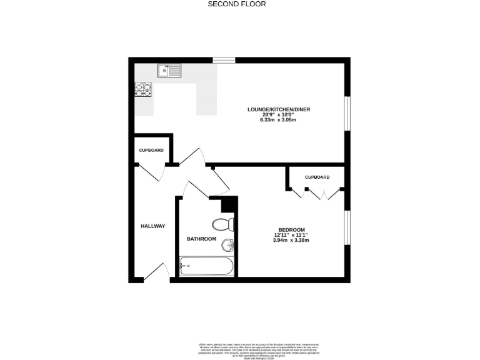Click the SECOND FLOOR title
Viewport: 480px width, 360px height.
pyautogui.click(x=237, y=4)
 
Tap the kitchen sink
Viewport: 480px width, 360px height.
pyautogui.click(x=169, y=69)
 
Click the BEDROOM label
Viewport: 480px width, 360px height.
pyautogui.click(x=291, y=229)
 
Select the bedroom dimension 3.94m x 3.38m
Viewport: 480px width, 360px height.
pyautogui.click(x=291, y=240)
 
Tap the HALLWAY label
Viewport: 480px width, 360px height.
pyautogui.click(x=152, y=226)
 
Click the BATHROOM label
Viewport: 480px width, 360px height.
pyautogui.click(x=201, y=239)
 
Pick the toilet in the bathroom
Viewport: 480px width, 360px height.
pyautogui.click(x=223, y=224)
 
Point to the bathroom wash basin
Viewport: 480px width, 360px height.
pyautogui.click(x=228, y=244)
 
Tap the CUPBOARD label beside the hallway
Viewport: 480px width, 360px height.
pyautogui.click(x=151, y=151)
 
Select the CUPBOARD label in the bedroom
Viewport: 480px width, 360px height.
pyautogui.click(x=317, y=177)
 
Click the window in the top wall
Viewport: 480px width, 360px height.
pyautogui.click(x=224, y=60)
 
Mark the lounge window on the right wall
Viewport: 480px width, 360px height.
pyautogui.click(x=348, y=113)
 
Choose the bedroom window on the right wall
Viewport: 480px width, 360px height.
pyautogui.click(x=348, y=229)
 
